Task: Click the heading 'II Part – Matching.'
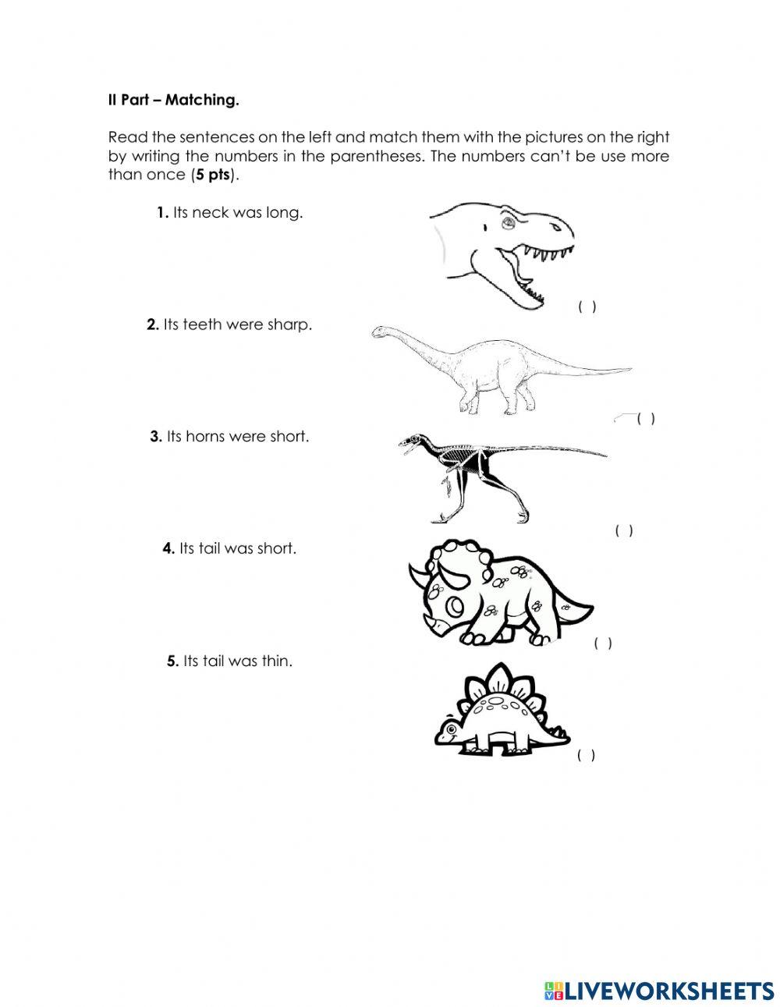(173, 100)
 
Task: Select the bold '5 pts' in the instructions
(213, 175)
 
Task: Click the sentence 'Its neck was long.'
(237, 213)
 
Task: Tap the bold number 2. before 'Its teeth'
(153, 324)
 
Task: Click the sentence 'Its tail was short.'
(237, 548)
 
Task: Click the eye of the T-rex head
(506, 224)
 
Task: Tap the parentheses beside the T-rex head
(587, 307)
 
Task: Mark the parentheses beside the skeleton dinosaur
(624, 531)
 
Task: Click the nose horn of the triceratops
(432, 623)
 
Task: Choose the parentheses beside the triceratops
(603, 644)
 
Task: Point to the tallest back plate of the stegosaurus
(495, 674)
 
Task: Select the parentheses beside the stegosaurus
(587, 755)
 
